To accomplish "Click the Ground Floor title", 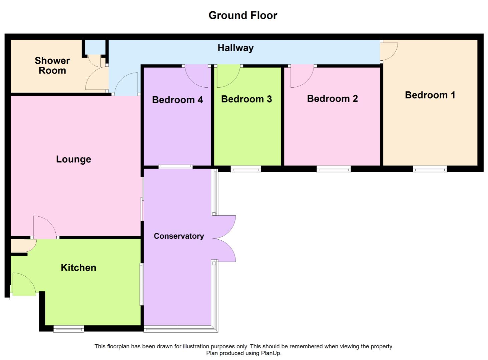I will [x=242, y=15].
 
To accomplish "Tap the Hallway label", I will [x=235, y=48].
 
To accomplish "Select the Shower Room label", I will [x=52, y=65].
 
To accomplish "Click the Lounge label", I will [x=73, y=159].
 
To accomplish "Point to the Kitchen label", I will [x=78, y=268].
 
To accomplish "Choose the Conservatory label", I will [x=179, y=236].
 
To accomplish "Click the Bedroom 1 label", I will [x=430, y=95].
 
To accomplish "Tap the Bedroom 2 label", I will [x=332, y=99].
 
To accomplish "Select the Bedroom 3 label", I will [x=247, y=99].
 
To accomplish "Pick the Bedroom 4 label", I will [x=177, y=100].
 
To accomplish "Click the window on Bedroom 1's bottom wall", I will [x=430, y=169].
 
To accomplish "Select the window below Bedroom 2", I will [x=334, y=169].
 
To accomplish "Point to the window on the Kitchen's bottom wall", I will [x=68, y=329].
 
